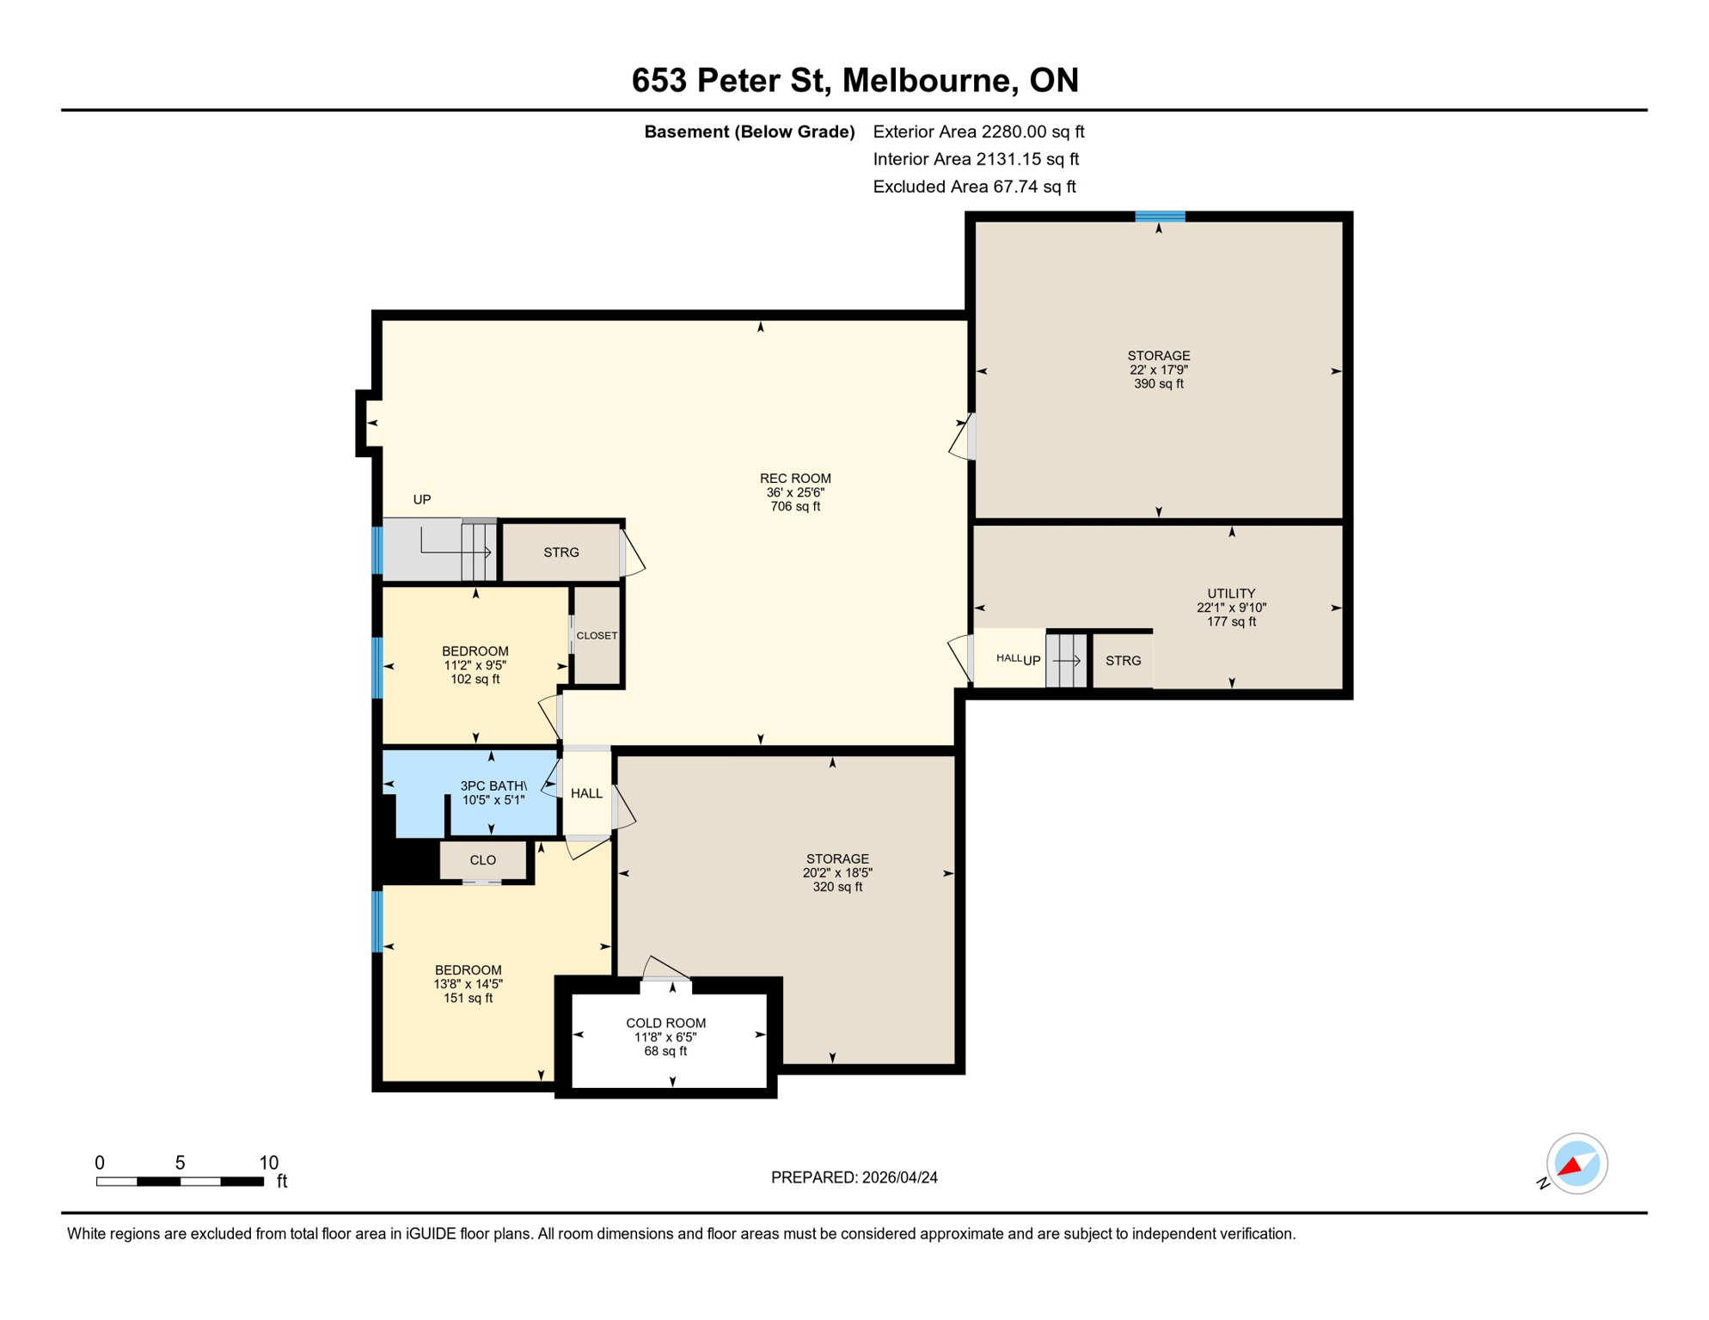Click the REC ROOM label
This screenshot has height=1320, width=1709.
click(795, 479)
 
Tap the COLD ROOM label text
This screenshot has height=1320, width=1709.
click(665, 1023)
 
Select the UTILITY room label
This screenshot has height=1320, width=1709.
click(1231, 594)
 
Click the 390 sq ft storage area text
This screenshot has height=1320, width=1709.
click(1158, 384)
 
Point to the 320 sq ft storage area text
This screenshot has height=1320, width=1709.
click(837, 887)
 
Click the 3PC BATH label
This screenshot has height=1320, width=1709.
click(493, 785)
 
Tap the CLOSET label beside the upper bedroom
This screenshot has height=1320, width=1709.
click(597, 636)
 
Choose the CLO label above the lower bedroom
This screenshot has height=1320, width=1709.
click(482, 860)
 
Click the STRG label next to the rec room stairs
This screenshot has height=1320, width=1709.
click(561, 553)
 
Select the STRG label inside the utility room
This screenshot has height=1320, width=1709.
click(1123, 661)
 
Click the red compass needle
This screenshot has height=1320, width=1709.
click(1571, 1167)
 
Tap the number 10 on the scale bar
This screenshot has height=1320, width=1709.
click(268, 1163)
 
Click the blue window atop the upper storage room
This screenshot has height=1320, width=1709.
click(1160, 217)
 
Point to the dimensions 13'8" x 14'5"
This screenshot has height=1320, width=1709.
click(468, 984)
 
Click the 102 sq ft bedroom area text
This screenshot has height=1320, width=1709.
click(475, 679)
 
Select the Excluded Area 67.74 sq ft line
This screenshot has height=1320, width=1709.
click(974, 186)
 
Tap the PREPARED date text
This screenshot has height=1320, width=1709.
click(854, 1177)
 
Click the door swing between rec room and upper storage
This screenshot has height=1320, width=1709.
click(961, 438)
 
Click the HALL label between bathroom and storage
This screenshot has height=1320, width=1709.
click(586, 793)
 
